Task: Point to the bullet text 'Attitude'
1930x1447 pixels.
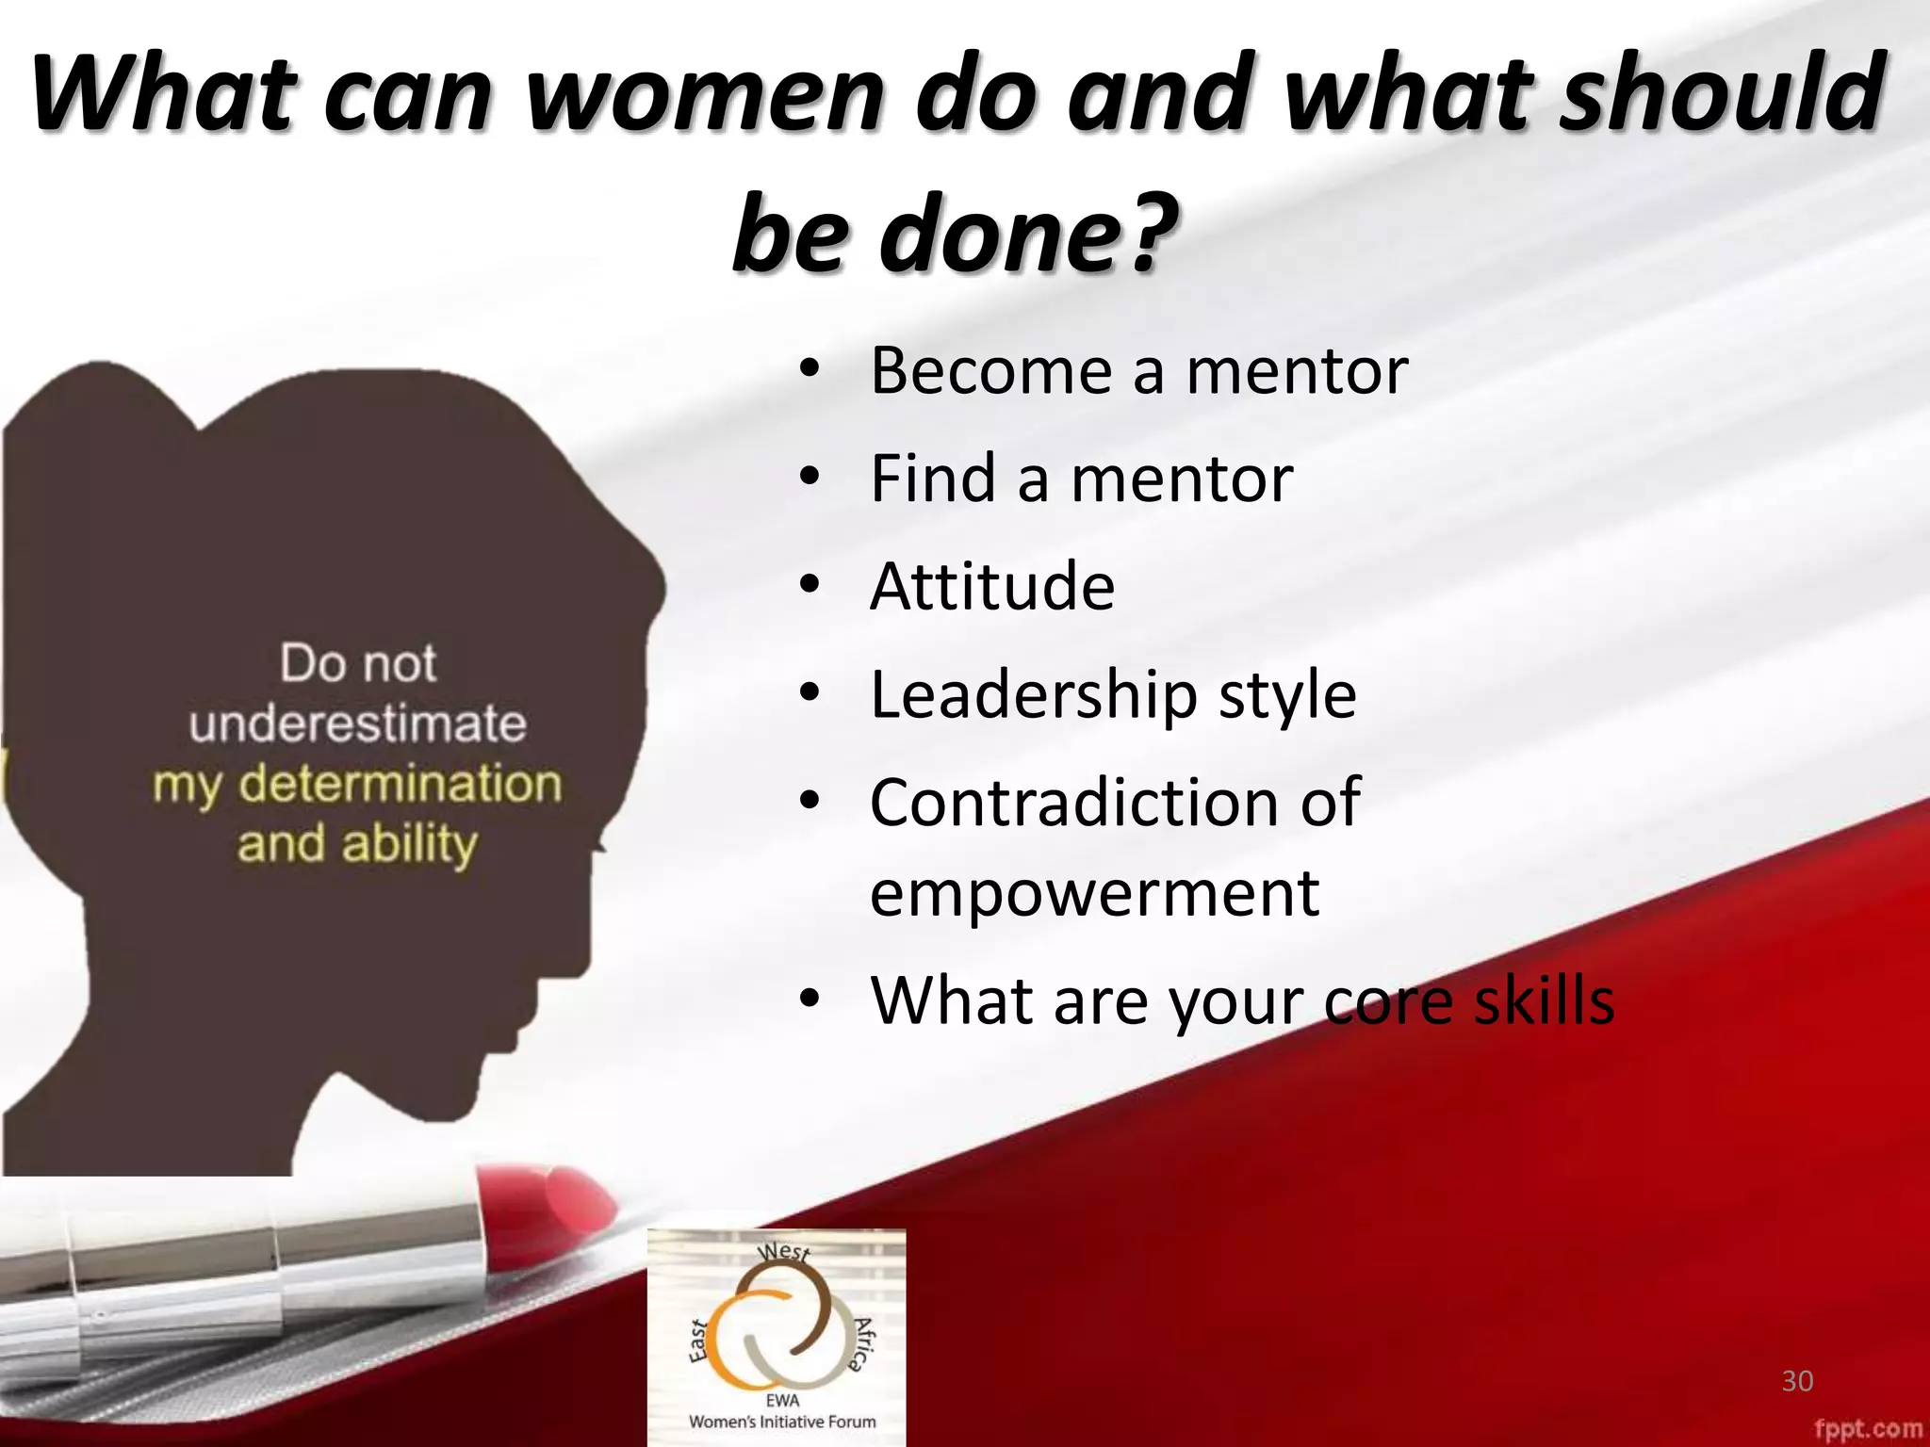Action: pos(991,586)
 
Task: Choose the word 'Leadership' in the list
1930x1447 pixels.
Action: pos(1033,695)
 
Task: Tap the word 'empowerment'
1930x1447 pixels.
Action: pos(1093,892)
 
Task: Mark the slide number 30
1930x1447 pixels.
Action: pos(1797,1381)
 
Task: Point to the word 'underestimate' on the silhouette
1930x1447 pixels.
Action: pos(357,723)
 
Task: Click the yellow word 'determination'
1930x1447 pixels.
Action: pos(400,784)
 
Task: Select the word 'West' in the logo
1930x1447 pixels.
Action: pos(783,1252)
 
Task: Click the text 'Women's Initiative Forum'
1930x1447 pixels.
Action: pos(782,1422)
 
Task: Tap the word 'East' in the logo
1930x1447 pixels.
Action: pos(697,1341)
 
